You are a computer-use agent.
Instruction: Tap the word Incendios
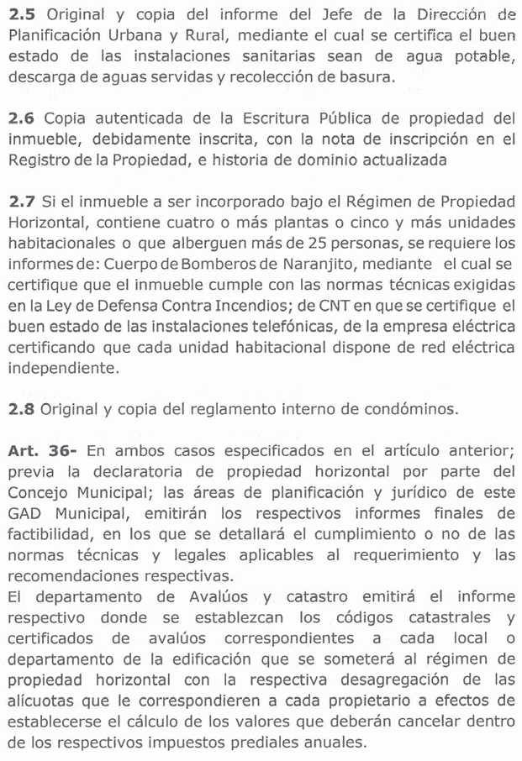click(x=274, y=305)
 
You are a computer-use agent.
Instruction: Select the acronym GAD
click(x=25, y=512)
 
